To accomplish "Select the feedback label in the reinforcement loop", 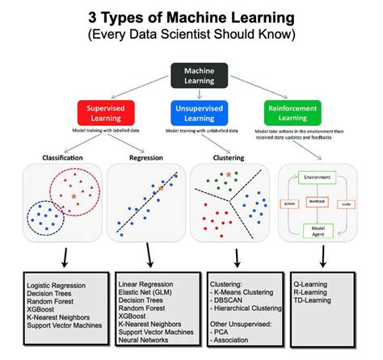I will (x=318, y=199).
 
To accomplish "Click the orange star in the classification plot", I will (x=74, y=196).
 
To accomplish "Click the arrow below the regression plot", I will (x=149, y=260).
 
